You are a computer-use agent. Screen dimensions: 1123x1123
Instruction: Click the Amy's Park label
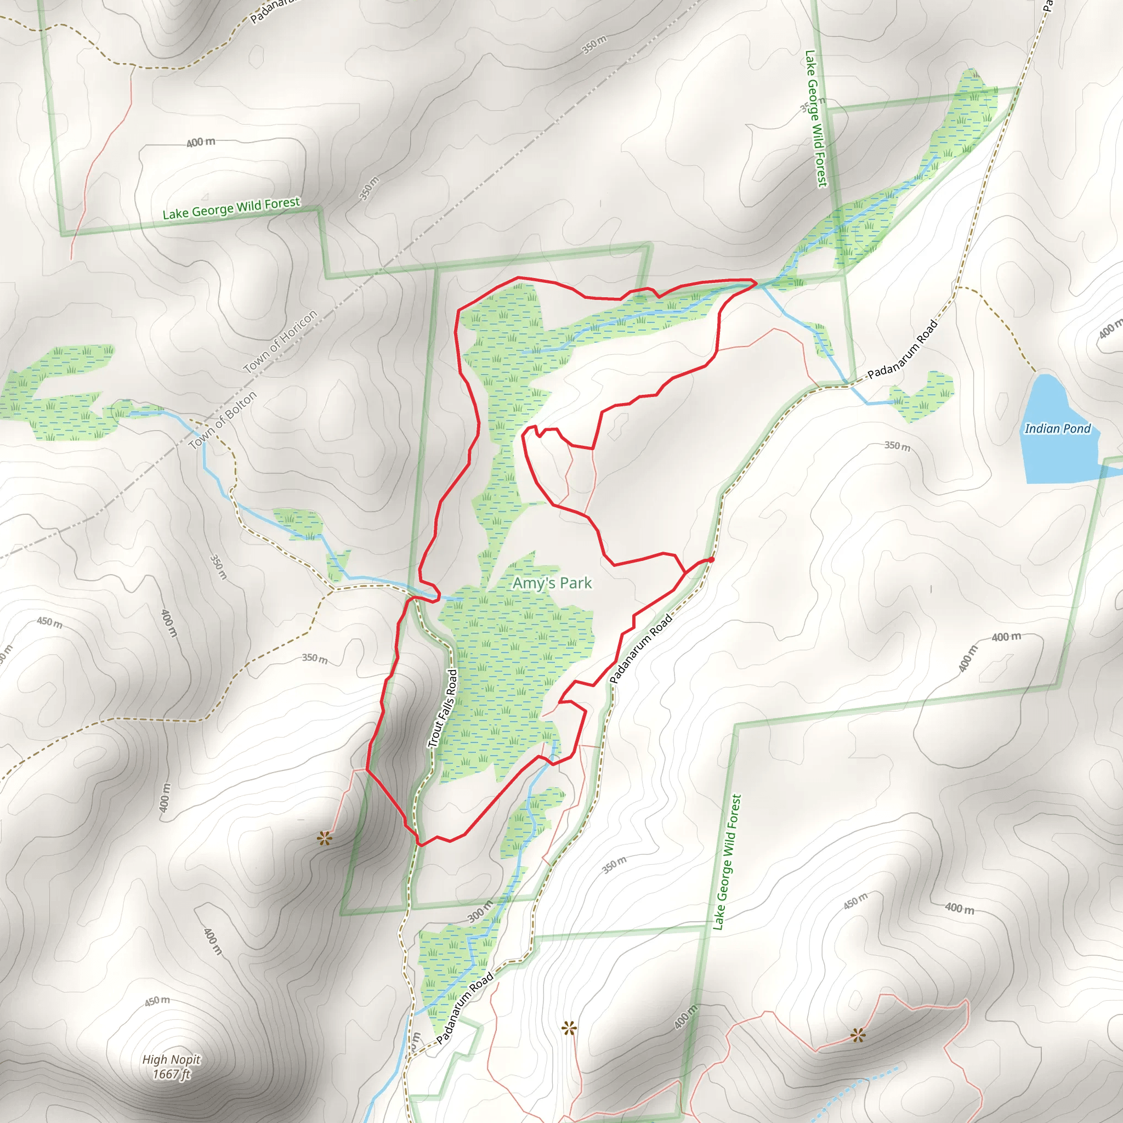552,583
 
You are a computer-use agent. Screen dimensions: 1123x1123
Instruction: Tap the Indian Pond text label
1057,429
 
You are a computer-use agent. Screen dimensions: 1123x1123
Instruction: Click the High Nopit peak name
172,1059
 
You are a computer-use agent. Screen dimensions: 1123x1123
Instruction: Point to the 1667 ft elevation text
172,1074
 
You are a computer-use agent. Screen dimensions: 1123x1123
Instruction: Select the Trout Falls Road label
444,708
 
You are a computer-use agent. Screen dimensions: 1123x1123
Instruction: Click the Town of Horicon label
280,341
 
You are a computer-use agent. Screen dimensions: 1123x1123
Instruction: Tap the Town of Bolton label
223,420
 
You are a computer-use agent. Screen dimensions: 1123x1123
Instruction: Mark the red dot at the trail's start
711,560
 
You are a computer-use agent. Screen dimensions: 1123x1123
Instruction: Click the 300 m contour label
480,911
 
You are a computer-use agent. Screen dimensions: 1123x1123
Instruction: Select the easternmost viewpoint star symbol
858,1035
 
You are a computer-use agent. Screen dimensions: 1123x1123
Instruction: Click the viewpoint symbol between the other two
569,1029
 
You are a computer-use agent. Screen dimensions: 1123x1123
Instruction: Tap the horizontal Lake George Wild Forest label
231,208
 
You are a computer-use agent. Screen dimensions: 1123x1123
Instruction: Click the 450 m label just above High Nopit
157,1001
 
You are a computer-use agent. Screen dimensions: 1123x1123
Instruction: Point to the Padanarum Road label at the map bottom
464,1008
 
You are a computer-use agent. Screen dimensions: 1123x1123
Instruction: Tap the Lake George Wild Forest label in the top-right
815,118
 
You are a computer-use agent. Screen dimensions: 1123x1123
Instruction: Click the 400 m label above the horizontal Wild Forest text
201,143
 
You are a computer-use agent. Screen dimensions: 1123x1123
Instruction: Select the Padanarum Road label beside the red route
641,648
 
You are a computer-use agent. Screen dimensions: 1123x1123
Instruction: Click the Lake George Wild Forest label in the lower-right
727,863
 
